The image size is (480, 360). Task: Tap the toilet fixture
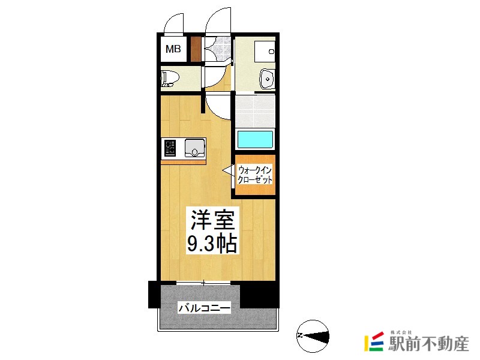coord(169,78)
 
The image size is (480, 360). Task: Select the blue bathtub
coord(255,139)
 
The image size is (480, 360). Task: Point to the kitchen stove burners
coord(169,147)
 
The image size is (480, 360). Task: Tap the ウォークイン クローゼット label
coord(255,175)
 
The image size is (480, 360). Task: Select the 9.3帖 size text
coord(212,244)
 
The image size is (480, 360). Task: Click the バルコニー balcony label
coord(204,308)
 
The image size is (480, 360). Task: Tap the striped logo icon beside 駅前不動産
coord(374,342)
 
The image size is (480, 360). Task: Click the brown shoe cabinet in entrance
coord(195,49)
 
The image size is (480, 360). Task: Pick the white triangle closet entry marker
coord(229,171)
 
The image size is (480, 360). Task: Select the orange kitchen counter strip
coord(183,161)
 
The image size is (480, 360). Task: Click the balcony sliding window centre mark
coord(205,282)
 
